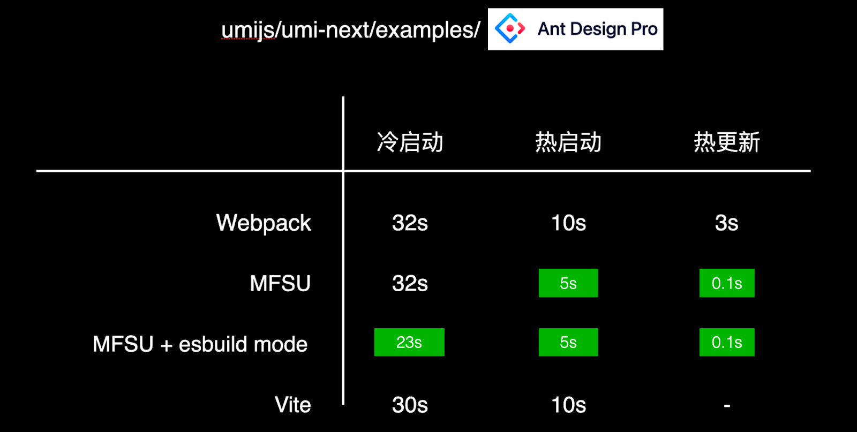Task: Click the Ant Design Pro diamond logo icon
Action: pyautogui.click(x=509, y=28)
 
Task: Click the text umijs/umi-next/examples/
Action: pyautogui.click(x=350, y=30)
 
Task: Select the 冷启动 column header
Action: pyautogui.click(x=410, y=142)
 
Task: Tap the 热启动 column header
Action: pyautogui.click(x=568, y=142)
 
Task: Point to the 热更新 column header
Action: pyautogui.click(x=727, y=142)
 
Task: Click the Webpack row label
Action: pyautogui.click(x=264, y=223)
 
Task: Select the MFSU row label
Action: pyautogui.click(x=280, y=283)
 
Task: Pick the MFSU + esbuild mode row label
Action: pyautogui.click(x=200, y=344)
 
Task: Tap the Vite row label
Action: pyautogui.click(x=293, y=405)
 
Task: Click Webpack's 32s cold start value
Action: pyautogui.click(x=410, y=223)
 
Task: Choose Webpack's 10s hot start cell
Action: pyautogui.click(x=568, y=223)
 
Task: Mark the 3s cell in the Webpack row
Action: pyautogui.click(x=727, y=223)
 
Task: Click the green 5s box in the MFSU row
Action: pyautogui.click(x=568, y=283)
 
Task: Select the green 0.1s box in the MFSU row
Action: pyautogui.click(x=727, y=283)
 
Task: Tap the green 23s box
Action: pyautogui.click(x=409, y=342)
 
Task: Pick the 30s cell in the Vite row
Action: pyautogui.click(x=410, y=405)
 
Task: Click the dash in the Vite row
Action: pyautogui.click(x=727, y=406)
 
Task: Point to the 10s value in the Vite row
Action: pyautogui.click(x=568, y=405)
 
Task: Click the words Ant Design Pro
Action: pyautogui.click(x=597, y=29)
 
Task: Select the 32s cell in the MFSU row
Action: pyautogui.click(x=410, y=283)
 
